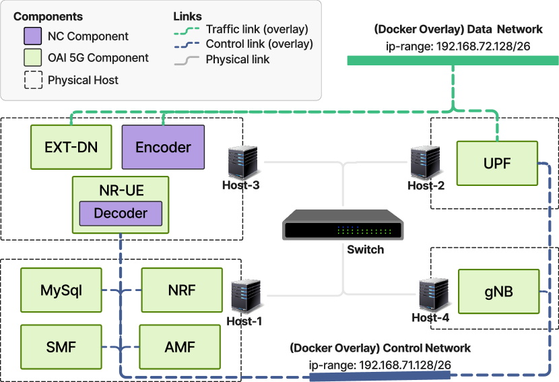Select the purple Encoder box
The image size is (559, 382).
163,147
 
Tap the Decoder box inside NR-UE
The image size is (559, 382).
121,214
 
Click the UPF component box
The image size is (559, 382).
497,162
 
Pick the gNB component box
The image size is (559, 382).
498,291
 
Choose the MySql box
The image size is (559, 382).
61,290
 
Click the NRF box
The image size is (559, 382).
181,290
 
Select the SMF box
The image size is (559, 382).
61,348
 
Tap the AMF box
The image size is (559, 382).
180,348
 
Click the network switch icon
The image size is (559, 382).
343,225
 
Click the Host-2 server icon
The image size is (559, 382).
425,162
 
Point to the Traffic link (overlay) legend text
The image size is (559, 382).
257,29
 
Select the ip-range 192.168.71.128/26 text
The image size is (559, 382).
380,364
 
